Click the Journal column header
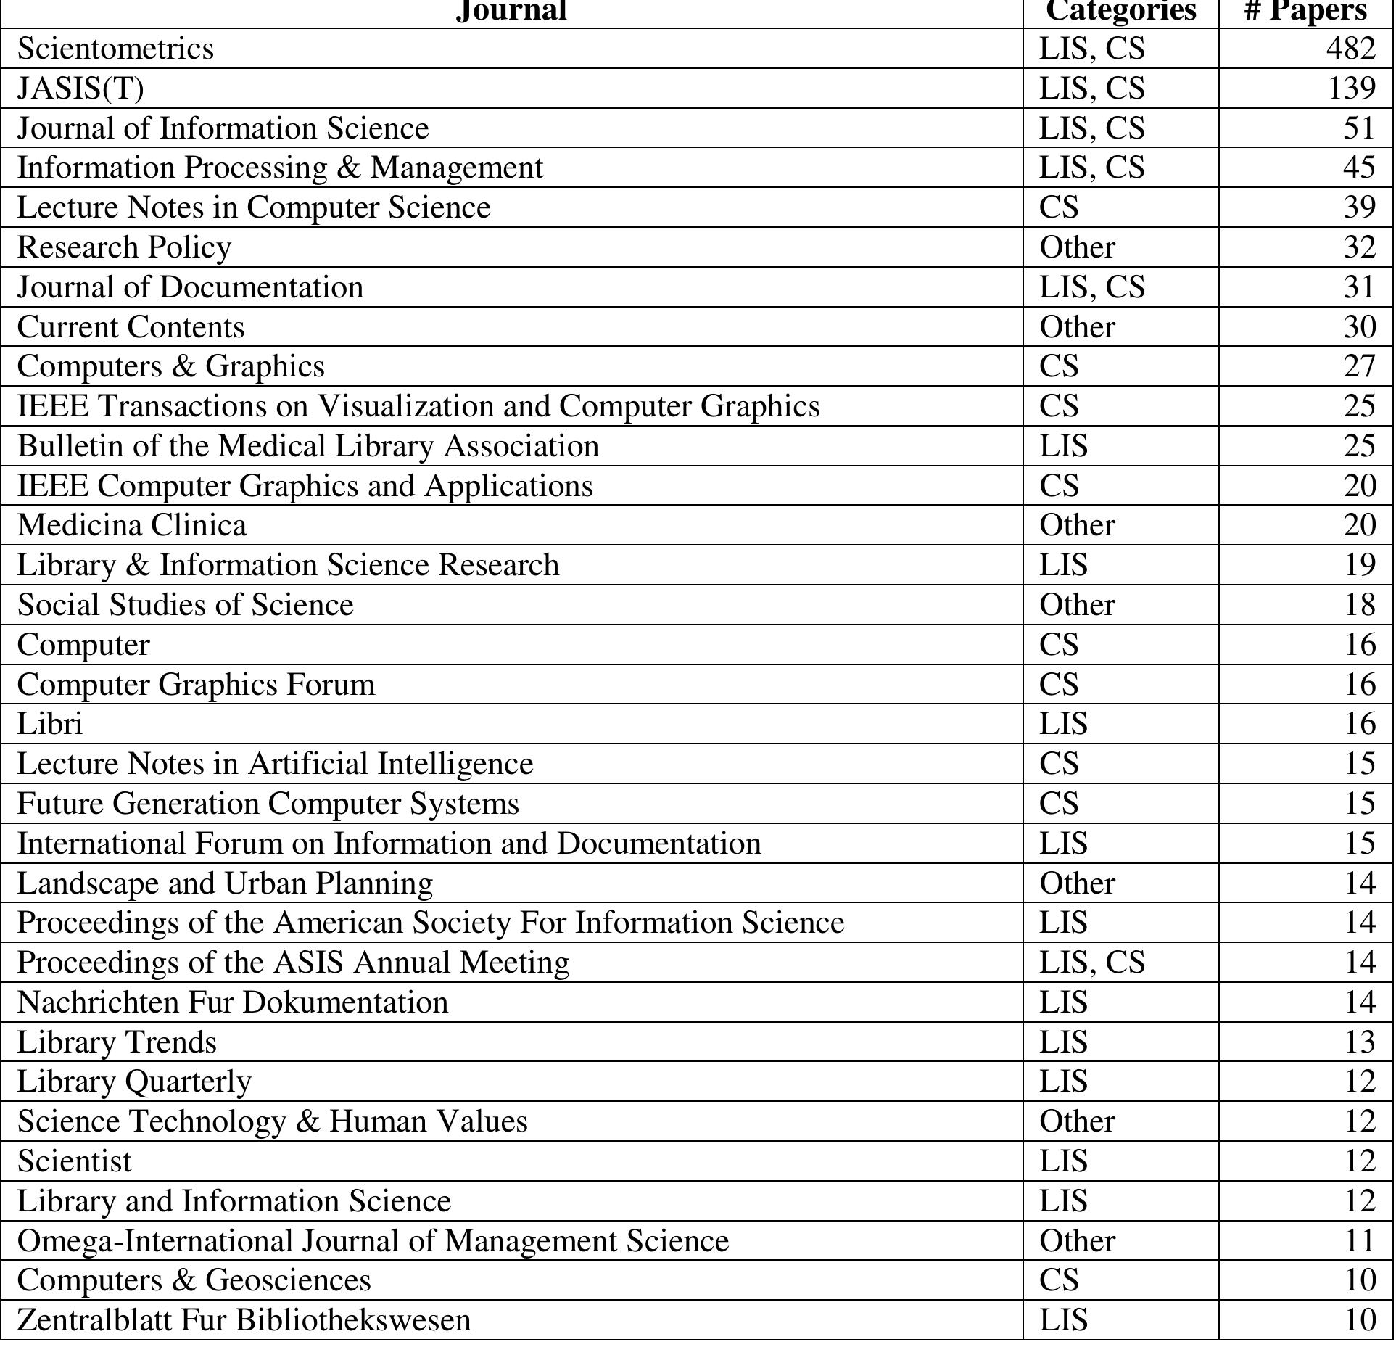(511, 11)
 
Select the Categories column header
(1120, 11)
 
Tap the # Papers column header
(1305, 11)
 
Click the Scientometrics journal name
(115, 49)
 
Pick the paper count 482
(1350, 49)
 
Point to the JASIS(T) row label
(80, 88)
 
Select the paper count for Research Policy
(1359, 247)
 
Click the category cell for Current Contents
(1077, 327)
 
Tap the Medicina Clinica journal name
(132, 525)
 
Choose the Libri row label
(50, 724)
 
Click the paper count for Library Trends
(1359, 1042)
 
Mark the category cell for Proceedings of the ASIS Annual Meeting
(1091, 963)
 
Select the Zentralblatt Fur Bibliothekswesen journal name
(244, 1320)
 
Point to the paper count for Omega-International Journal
(1359, 1241)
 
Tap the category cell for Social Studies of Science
(1077, 605)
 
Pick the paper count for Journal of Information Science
(1359, 128)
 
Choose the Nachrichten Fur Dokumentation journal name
(233, 1002)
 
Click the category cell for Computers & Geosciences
(1059, 1280)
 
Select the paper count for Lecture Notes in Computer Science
(1359, 207)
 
